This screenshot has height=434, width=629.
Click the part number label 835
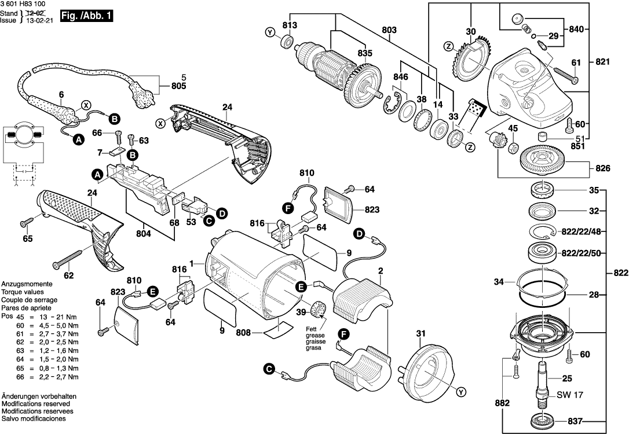[x=364, y=53]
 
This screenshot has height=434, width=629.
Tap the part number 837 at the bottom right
[x=579, y=420]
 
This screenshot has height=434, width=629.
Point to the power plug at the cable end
[x=144, y=96]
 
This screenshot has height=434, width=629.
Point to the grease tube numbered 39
[x=317, y=309]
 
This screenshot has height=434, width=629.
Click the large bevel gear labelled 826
[x=543, y=159]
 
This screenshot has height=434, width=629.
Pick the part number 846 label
[x=401, y=77]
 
